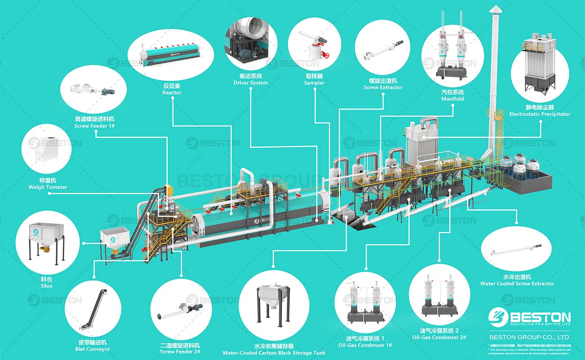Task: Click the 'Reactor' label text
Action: click(x=172, y=93)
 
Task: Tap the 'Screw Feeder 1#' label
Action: click(x=94, y=126)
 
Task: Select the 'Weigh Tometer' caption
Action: click(x=48, y=187)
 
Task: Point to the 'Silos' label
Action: click(x=46, y=286)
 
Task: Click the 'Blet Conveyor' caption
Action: click(x=92, y=349)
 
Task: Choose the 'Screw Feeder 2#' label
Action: click(x=180, y=351)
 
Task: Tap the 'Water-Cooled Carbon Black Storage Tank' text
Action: click(x=274, y=353)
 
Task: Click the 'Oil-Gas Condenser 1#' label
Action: click(x=365, y=345)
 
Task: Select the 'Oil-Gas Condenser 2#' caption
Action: click(x=439, y=337)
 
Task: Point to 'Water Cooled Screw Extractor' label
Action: click(x=517, y=283)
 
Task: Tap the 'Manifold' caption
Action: click(x=452, y=99)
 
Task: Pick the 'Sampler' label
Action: click(x=314, y=83)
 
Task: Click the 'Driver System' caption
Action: click(x=251, y=83)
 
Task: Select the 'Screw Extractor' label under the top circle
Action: click(x=383, y=87)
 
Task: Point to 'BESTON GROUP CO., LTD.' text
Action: click(x=530, y=337)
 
